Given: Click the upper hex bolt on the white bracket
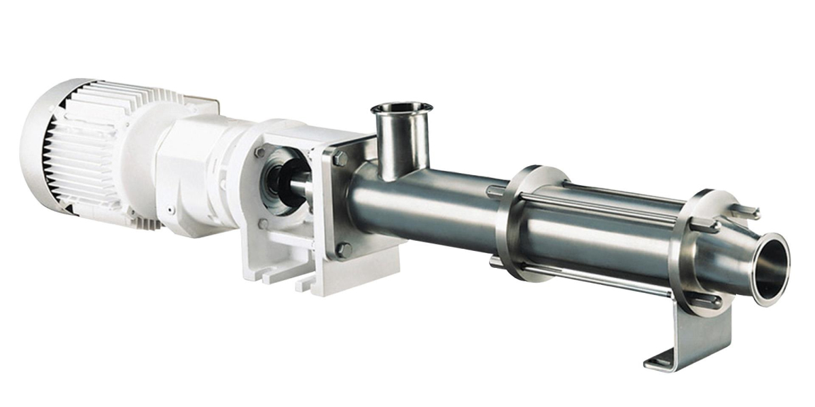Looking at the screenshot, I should [260, 153].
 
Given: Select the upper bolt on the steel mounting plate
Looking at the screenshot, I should [340, 159].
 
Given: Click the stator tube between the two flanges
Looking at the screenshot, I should [598, 231].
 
